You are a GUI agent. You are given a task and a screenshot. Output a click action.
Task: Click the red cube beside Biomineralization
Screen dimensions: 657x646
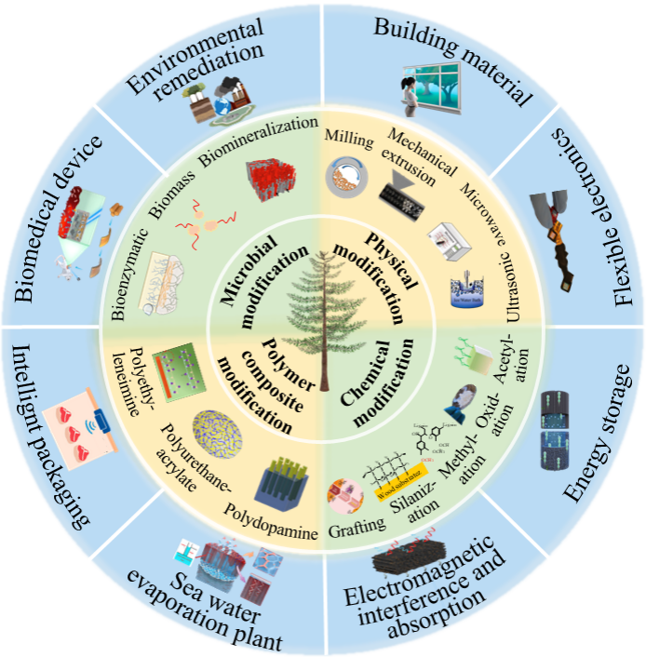270,178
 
